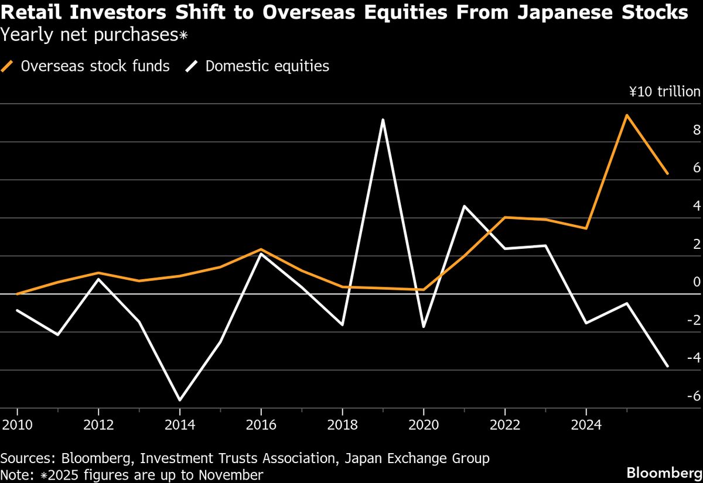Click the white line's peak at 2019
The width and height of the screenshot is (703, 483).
pos(383,120)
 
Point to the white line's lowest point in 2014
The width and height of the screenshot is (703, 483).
pos(179,400)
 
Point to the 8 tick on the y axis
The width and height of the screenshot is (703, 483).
pos(697,130)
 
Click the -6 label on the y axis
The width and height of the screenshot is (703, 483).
pos(694,396)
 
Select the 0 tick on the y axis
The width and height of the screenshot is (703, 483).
pos(697,282)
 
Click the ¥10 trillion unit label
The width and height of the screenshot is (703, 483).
pos(664,92)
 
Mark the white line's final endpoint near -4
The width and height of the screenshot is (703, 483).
pos(667,366)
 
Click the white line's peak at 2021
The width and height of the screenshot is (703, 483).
pos(464,206)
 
